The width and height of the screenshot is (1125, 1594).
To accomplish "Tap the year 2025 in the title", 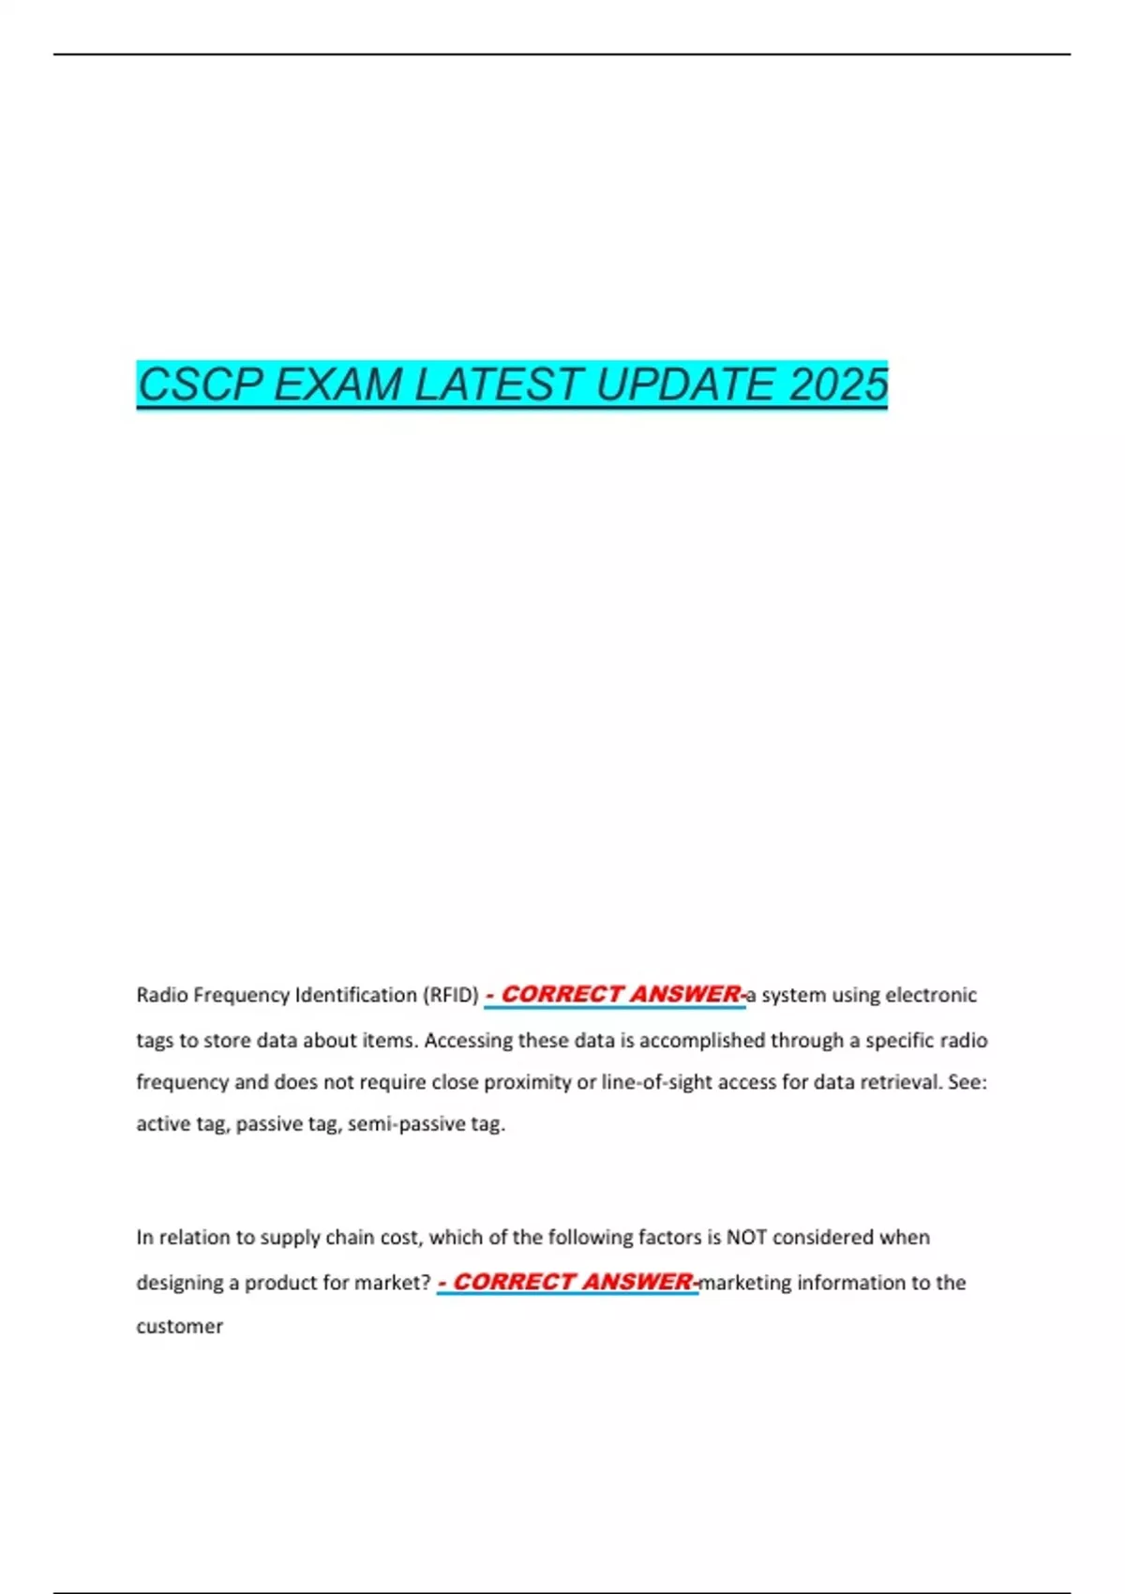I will pyautogui.click(x=838, y=384).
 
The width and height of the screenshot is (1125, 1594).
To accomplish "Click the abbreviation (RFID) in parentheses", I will pyautogui.click(x=451, y=995).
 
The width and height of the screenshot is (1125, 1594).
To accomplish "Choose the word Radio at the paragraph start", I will pyautogui.click(x=162, y=995).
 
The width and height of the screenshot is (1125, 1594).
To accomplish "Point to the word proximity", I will pyautogui.click(x=530, y=1082).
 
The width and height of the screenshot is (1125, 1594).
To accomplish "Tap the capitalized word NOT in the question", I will pyautogui.click(x=746, y=1238).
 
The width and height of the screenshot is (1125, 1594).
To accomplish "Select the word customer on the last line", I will pyautogui.click(x=180, y=1326).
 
